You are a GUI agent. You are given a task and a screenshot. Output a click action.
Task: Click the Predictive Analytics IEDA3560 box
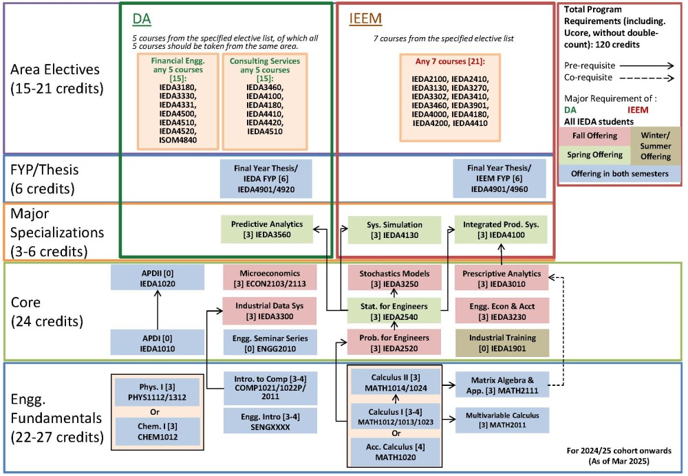(x=267, y=229)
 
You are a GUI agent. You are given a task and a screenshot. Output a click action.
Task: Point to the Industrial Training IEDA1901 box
(x=501, y=343)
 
